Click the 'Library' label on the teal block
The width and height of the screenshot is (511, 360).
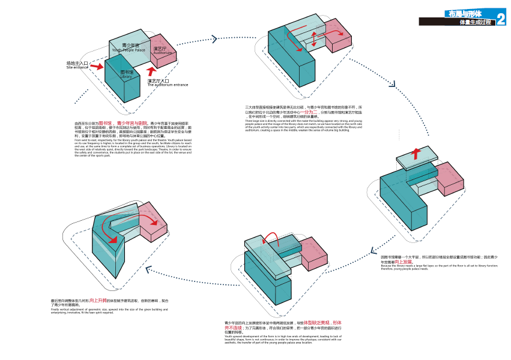click(125, 77)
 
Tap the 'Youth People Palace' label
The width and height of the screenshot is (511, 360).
click(129, 50)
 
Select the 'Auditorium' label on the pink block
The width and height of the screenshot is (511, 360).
click(162, 53)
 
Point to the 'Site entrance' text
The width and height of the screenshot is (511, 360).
click(77, 68)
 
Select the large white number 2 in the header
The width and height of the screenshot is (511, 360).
click(501, 18)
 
